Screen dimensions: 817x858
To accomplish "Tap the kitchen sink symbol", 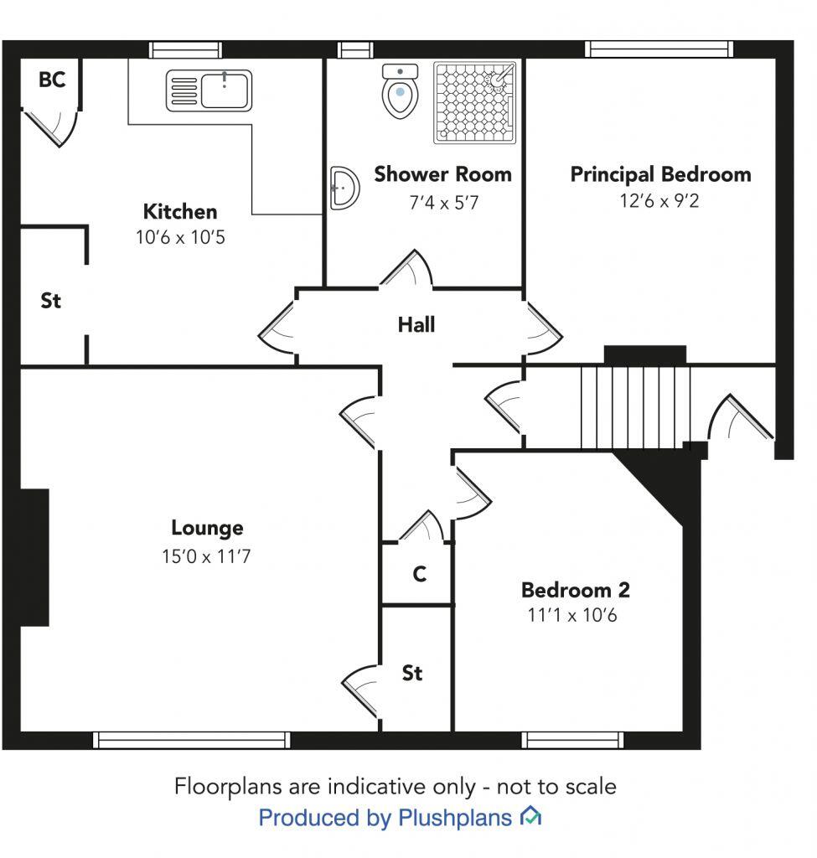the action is point(209,90).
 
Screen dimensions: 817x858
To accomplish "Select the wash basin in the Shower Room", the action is point(344,188).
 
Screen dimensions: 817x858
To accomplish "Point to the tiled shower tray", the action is point(475,102).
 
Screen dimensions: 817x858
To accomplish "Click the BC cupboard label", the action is point(52,80).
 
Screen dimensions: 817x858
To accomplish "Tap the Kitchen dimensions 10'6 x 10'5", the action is point(181,237).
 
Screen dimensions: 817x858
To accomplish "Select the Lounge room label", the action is point(208,528).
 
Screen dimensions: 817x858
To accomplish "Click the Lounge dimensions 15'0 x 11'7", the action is point(206,556).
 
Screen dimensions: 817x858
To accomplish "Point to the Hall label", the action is point(416,324).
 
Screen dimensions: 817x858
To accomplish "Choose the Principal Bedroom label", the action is point(660,174).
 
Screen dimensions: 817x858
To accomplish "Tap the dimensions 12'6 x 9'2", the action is point(659,201).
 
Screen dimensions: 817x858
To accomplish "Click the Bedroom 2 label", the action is point(576,590).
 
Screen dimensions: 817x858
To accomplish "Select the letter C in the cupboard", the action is point(420,574).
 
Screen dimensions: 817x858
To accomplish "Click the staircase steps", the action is point(635,408).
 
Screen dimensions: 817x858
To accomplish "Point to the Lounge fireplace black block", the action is point(34,557).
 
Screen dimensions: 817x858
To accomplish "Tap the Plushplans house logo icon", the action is point(530,816).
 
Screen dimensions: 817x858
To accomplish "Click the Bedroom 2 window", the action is point(572,741).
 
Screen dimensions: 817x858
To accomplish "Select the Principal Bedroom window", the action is point(659,49).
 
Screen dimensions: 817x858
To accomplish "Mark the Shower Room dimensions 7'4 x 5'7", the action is point(444,203).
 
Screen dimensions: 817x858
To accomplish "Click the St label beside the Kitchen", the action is point(51,301).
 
